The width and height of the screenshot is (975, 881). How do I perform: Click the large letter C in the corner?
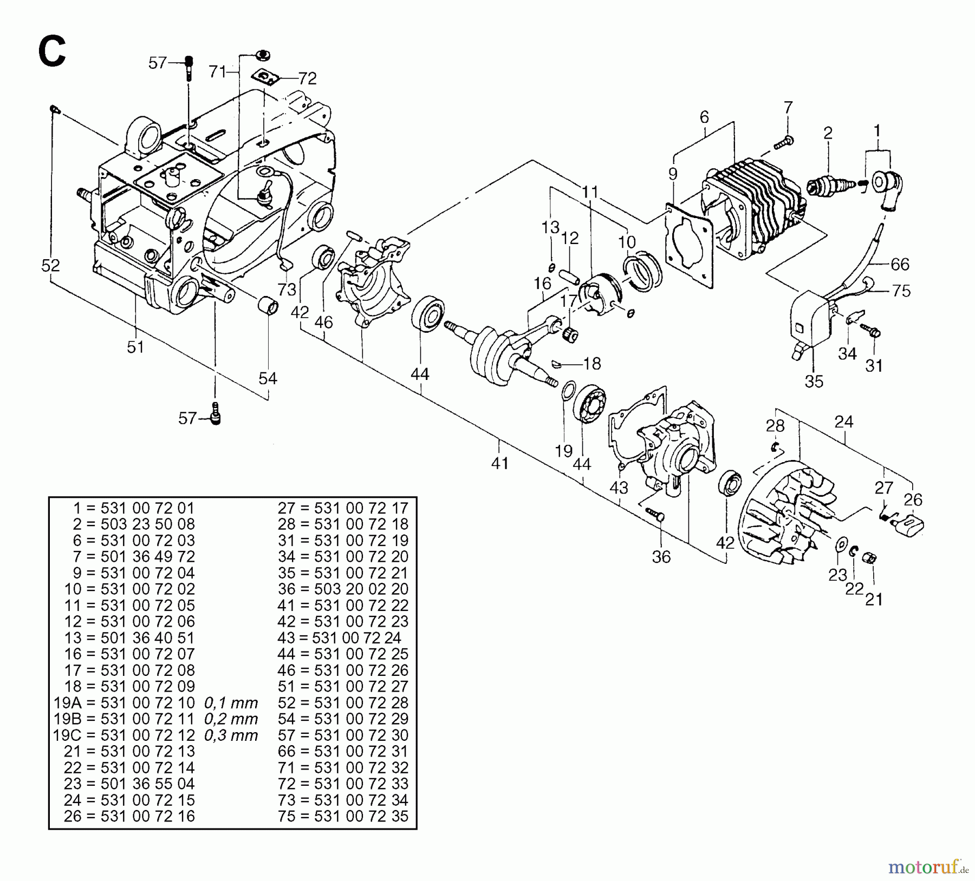51,51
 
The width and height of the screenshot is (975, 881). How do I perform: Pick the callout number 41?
499,463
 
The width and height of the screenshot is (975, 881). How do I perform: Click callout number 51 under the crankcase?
135,346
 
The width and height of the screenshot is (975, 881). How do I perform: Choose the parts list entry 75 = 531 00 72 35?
343,816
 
